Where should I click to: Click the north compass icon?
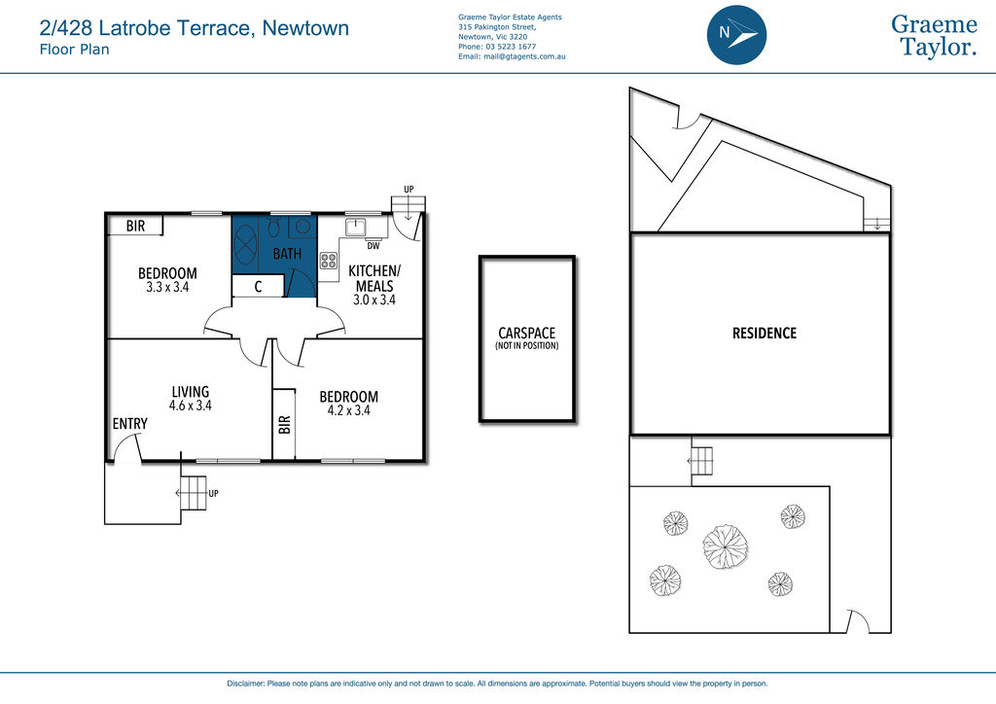tap(736, 35)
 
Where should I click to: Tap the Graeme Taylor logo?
tap(934, 36)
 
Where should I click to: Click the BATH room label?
tap(287, 254)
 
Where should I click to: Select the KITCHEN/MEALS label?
tap(374, 279)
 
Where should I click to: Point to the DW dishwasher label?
tap(373, 246)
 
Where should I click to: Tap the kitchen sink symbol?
tap(355, 227)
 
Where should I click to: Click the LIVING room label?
tap(190, 392)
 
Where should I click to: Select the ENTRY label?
tap(129, 423)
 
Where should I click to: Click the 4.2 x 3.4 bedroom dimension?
tap(349, 410)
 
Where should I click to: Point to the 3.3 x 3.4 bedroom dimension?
tap(167, 287)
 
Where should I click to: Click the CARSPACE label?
tap(526, 334)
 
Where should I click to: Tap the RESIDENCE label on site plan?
tap(765, 334)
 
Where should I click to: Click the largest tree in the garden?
tap(726, 546)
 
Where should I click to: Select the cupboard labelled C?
tap(258, 286)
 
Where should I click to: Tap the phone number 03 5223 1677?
tap(511, 47)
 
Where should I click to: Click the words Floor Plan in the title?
tap(74, 50)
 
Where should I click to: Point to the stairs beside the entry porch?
tap(195, 493)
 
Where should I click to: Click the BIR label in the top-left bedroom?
tap(135, 226)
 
